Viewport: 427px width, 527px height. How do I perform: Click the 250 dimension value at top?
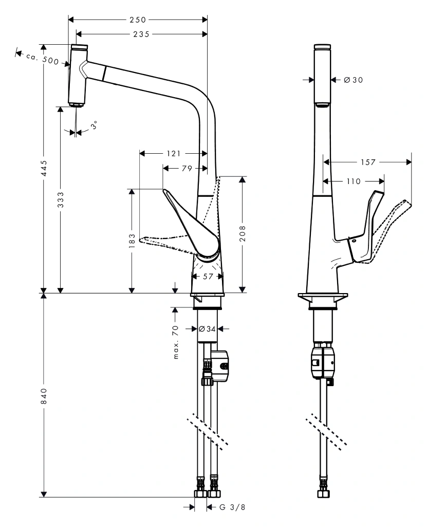pyautogui.click(x=138, y=20)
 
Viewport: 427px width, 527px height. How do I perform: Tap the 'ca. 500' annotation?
pyautogui.click(x=43, y=58)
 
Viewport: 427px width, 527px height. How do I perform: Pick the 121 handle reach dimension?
pyautogui.click(x=174, y=153)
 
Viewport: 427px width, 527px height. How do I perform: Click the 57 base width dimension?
pyautogui.click(x=208, y=276)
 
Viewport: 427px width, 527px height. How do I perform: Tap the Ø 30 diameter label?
pyautogui.click(x=352, y=80)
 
